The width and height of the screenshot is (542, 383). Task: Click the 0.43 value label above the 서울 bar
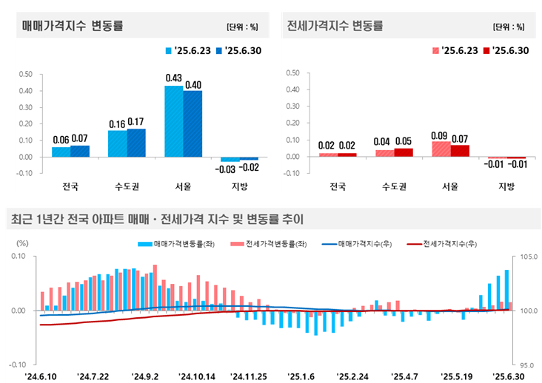[174, 78]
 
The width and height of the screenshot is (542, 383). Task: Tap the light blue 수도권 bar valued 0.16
[117, 143]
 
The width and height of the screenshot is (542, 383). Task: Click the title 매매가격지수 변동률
[73, 26]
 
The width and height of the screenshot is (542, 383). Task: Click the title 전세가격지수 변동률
[335, 26]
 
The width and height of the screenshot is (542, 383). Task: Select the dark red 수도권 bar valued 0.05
[404, 152]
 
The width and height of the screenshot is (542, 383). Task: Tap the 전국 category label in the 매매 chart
[70, 186]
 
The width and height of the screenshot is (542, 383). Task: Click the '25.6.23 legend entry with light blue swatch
[190, 50]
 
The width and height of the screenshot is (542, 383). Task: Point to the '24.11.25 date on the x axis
[250, 376]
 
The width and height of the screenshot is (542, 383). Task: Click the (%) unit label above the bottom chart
[22, 243]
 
